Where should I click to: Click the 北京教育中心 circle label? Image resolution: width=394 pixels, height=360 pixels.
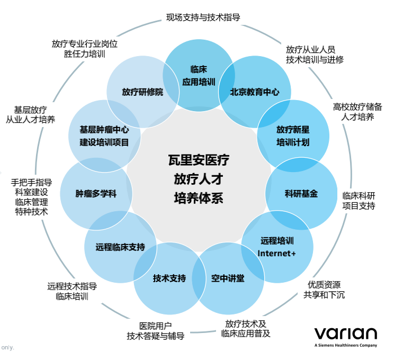tap(254, 92)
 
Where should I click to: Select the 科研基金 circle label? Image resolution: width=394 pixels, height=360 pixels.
tap(301, 194)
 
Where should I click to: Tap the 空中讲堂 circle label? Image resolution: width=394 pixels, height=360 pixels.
tap(228, 278)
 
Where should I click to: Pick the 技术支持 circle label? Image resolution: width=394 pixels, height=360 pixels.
tap(169, 278)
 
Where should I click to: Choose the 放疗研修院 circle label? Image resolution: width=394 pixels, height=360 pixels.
tap(142, 92)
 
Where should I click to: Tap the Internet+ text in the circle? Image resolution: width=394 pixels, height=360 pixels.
tap(276, 253)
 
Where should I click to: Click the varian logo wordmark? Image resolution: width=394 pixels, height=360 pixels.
tap(345, 334)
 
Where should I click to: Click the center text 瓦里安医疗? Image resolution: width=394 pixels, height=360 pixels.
tap(198, 159)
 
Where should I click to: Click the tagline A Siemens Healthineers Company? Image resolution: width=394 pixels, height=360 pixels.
tap(345, 345)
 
